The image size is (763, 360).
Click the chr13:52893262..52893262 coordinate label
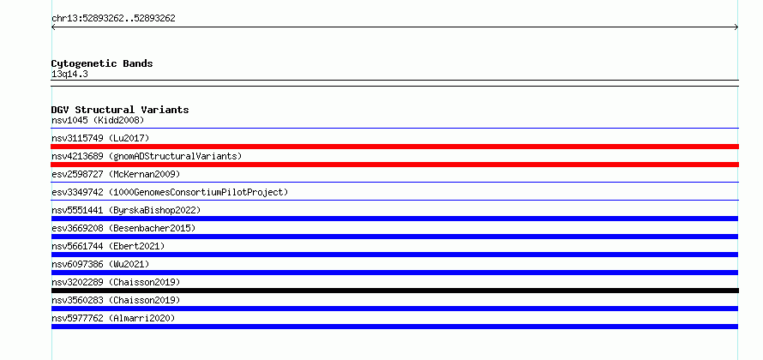tap(113, 19)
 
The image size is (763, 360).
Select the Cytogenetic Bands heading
tap(102, 63)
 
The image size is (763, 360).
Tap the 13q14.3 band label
tap(69, 75)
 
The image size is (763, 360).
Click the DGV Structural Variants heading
tap(120, 110)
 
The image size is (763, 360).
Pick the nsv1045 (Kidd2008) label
tap(98, 120)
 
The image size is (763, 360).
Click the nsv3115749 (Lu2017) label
tap(100, 138)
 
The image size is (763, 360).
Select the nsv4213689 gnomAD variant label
tap(147, 156)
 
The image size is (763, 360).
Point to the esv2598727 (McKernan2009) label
tap(116, 174)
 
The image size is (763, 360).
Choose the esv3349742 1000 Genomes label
tap(170, 192)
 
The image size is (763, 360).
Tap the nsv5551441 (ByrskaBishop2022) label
tap(126, 210)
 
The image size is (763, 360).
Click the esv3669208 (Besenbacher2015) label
tap(123, 228)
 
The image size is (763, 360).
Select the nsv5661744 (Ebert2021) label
tap(108, 246)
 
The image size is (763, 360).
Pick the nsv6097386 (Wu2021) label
tap(100, 264)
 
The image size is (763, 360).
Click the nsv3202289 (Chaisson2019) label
tap(116, 282)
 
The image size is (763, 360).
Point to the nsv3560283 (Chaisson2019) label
tap(116, 300)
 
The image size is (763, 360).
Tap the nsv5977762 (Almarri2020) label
tap(113, 318)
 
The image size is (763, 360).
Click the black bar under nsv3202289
tap(394, 291)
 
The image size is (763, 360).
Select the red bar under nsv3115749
tap(394, 147)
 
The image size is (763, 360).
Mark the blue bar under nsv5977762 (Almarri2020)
tap(394, 327)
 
